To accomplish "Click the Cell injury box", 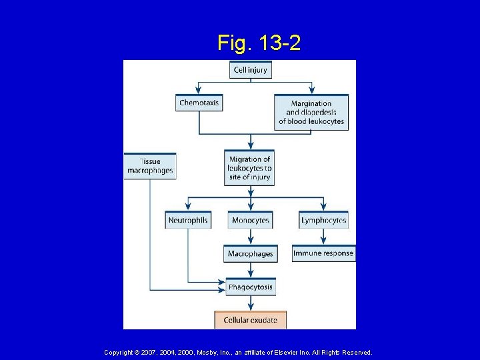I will tap(251, 69).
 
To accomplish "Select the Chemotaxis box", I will tap(199, 103).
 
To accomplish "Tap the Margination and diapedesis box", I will tap(311, 112).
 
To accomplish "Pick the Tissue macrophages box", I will tap(150, 166).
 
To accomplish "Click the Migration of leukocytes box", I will tap(250, 168).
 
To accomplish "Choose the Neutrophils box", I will tap(188, 220).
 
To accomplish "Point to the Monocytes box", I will tap(251, 220).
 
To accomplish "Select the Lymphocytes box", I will tap(323, 220).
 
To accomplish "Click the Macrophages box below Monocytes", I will tap(251, 254).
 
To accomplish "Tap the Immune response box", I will tap(323, 253).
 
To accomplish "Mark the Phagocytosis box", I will tap(251, 287).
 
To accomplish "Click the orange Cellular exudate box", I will tap(251, 320).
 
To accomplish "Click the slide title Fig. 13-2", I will tap(259, 43).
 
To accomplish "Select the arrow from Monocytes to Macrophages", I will tap(251, 237).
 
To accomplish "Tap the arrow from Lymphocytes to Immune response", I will tap(324, 237).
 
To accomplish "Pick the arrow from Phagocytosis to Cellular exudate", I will tap(251, 303).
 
